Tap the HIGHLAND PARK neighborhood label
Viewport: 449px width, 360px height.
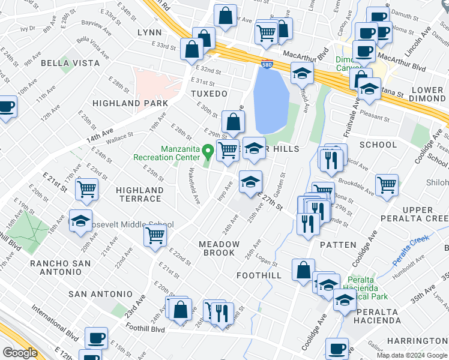point(130,103)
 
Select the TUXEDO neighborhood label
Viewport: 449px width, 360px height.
point(209,94)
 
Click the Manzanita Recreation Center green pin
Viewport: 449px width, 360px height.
point(208,150)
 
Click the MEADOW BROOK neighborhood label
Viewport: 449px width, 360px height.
point(219,248)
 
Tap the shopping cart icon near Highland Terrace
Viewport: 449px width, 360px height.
point(87,189)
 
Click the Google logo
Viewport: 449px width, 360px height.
point(19,353)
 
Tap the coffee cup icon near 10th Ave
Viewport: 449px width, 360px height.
point(6,106)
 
